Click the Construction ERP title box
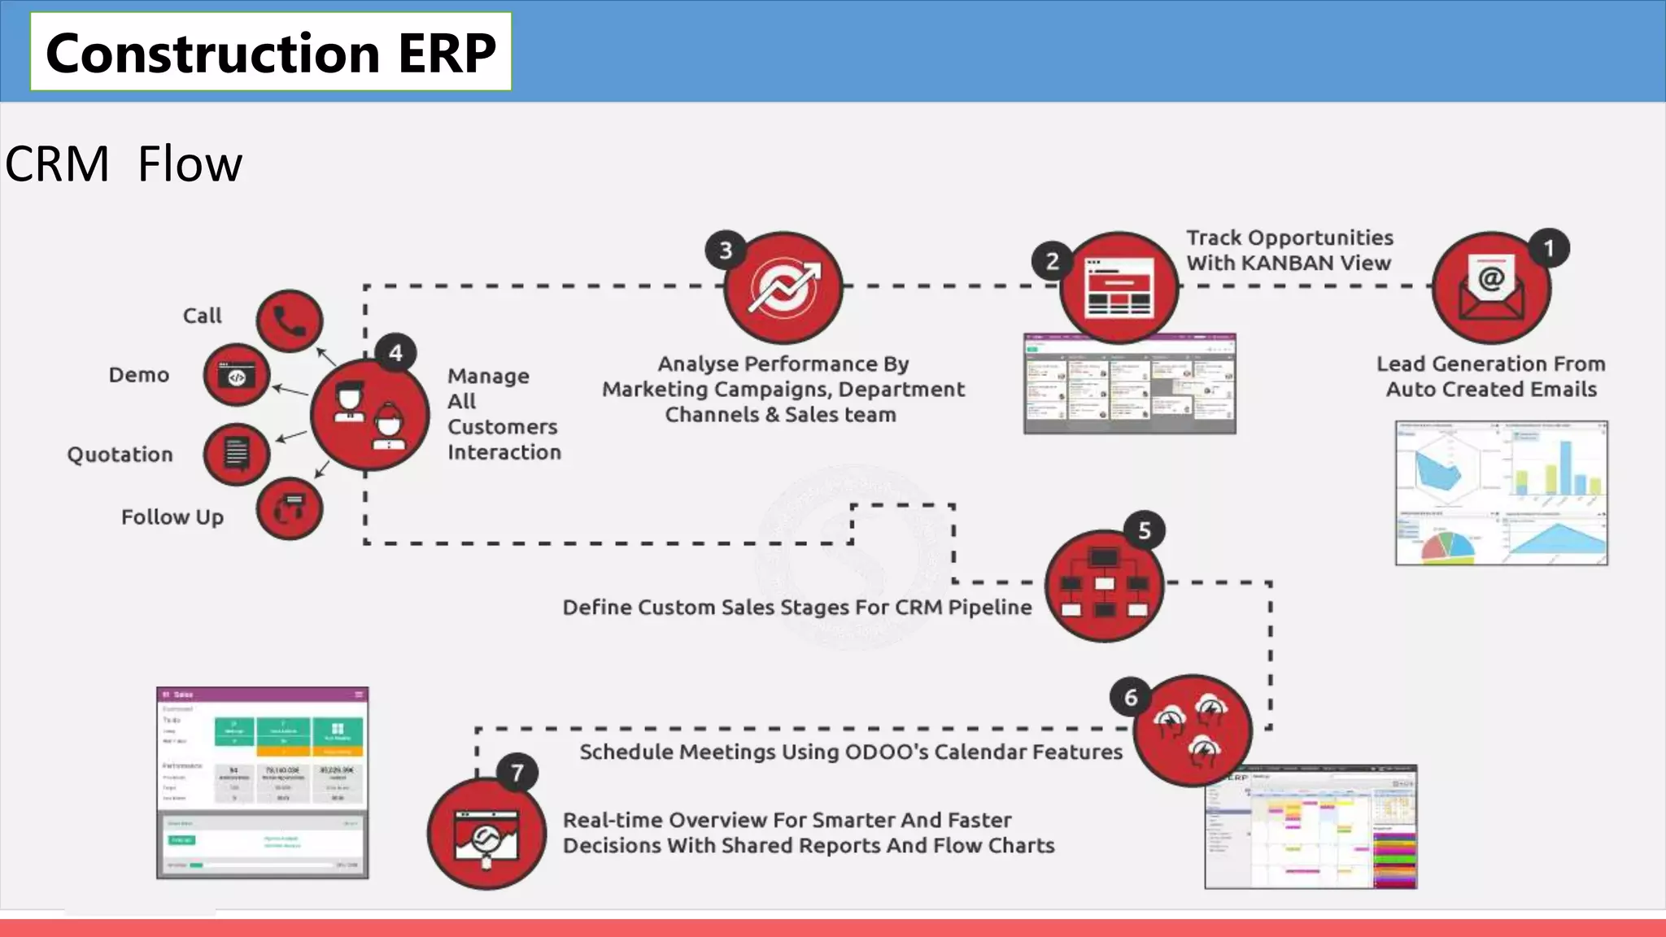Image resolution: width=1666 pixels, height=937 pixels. pyautogui.click(x=271, y=52)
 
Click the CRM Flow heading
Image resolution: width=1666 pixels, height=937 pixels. pyautogui.click(x=124, y=163)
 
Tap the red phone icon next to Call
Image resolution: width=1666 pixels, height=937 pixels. pyautogui.click(x=290, y=320)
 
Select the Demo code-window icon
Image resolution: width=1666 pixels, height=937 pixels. pyautogui.click(x=236, y=375)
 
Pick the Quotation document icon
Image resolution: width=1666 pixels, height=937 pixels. pyautogui.click(x=237, y=454)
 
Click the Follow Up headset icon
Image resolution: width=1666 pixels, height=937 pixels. pyautogui.click(x=290, y=509)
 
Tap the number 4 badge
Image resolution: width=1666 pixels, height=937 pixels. pyautogui.click(x=395, y=353)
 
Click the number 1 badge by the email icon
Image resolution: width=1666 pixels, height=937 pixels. pyautogui.click(x=1549, y=249)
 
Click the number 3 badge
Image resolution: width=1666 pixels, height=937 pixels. pyautogui.click(x=726, y=251)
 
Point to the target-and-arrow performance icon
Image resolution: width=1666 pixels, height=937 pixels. pyautogui.click(x=783, y=289)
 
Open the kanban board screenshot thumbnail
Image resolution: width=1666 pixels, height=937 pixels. pyautogui.click(x=1129, y=383)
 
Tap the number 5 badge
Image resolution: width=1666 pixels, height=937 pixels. pyautogui.click(x=1145, y=531)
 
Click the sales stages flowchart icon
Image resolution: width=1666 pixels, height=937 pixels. pyautogui.click(x=1104, y=586)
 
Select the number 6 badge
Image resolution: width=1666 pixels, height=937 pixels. pyautogui.click(x=1131, y=697)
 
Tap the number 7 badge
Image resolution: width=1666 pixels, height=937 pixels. pyautogui.click(x=517, y=772)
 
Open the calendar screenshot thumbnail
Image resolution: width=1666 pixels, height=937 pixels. pyautogui.click(x=1311, y=827)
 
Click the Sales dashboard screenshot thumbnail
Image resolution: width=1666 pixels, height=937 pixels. pyautogui.click(x=262, y=782)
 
